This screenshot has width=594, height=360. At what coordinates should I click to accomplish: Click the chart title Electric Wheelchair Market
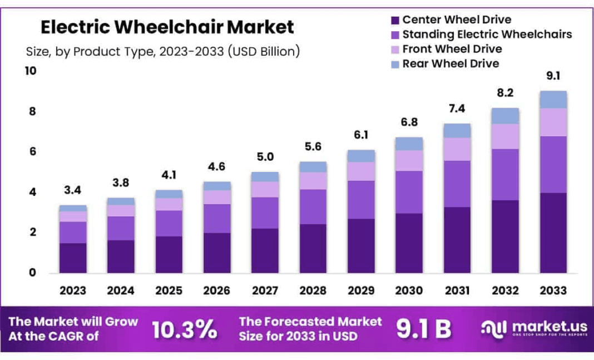pos(167,26)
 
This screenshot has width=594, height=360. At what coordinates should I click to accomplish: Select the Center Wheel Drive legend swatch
pos(395,21)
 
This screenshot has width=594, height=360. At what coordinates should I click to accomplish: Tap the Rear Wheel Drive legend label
pos(451,63)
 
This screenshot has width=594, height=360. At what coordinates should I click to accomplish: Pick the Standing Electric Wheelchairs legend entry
pos(487,34)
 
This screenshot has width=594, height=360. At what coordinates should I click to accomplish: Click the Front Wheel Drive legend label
pos(452,49)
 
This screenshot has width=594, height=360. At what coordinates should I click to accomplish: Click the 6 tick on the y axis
pos(32,151)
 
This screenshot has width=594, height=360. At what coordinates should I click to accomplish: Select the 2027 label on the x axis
pos(265,290)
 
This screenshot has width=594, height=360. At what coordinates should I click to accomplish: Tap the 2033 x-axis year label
pos(553,290)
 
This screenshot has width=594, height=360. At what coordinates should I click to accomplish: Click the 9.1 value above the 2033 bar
pos(553,77)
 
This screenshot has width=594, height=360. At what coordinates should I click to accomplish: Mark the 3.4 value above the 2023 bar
pos(73,190)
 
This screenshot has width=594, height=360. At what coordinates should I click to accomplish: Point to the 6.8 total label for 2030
pos(409,122)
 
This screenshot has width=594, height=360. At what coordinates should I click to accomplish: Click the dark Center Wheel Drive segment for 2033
pos(553,233)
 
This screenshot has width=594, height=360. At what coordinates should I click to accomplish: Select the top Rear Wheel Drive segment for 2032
pos(505,116)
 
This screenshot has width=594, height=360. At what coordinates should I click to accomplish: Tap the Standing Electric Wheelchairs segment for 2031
pos(457,184)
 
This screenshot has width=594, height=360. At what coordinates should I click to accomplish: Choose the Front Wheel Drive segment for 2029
pos(361,171)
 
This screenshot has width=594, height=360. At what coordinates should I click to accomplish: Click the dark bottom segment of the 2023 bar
pos(73,258)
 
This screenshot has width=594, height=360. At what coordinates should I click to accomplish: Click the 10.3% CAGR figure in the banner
pos(185,329)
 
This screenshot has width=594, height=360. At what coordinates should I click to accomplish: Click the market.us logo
pos(532,328)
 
